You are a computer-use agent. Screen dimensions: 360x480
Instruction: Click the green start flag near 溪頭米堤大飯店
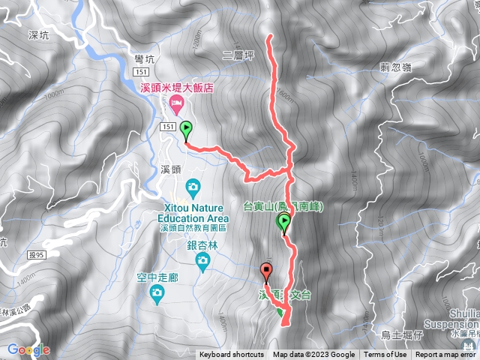(x=185, y=130)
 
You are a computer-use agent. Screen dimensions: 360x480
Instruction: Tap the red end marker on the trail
(x=265, y=272)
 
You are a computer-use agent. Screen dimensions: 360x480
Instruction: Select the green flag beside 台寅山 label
(x=284, y=222)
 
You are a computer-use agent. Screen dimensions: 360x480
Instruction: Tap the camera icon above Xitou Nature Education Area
(x=193, y=185)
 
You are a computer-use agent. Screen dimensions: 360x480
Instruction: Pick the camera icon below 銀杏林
(x=202, y=260)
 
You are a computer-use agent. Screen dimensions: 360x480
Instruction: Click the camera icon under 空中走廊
(x=157, y=292)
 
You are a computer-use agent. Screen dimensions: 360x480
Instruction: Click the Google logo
(x=28, y=349)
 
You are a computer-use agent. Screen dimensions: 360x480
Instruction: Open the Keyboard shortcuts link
(x=232, y=355)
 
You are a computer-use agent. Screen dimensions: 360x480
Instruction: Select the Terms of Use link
(x=385, y=355)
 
